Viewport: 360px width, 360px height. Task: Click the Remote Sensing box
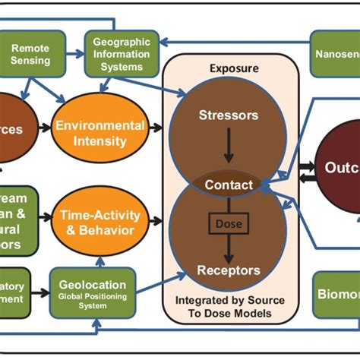(x=30, y=54)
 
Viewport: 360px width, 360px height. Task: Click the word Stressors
(x=228, y=116)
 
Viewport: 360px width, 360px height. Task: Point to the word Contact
(x=228, y=185)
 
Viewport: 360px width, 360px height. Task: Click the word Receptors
(x=228, y=270)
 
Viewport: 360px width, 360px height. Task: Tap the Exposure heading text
(x=229, y=68)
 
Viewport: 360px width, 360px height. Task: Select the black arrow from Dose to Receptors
(x=228, y=248)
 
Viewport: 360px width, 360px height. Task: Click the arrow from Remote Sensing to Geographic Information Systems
(x=71, y=54)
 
